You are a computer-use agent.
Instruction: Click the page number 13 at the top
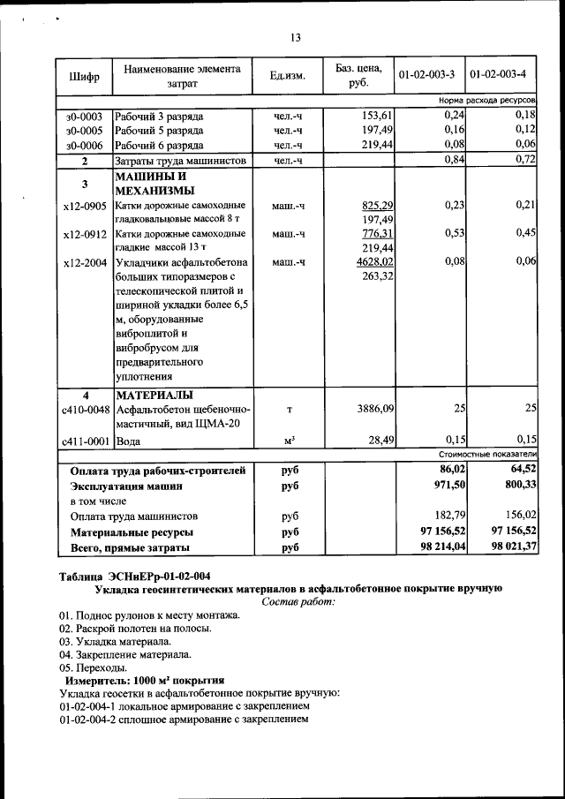coord(296,37)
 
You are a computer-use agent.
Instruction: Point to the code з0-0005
coord(84,130)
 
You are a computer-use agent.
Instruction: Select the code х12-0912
coord(85,234)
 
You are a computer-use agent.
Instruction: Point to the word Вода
coord(129,440)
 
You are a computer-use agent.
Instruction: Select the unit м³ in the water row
coord(289,440)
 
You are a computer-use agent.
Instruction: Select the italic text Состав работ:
coord(299,601)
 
